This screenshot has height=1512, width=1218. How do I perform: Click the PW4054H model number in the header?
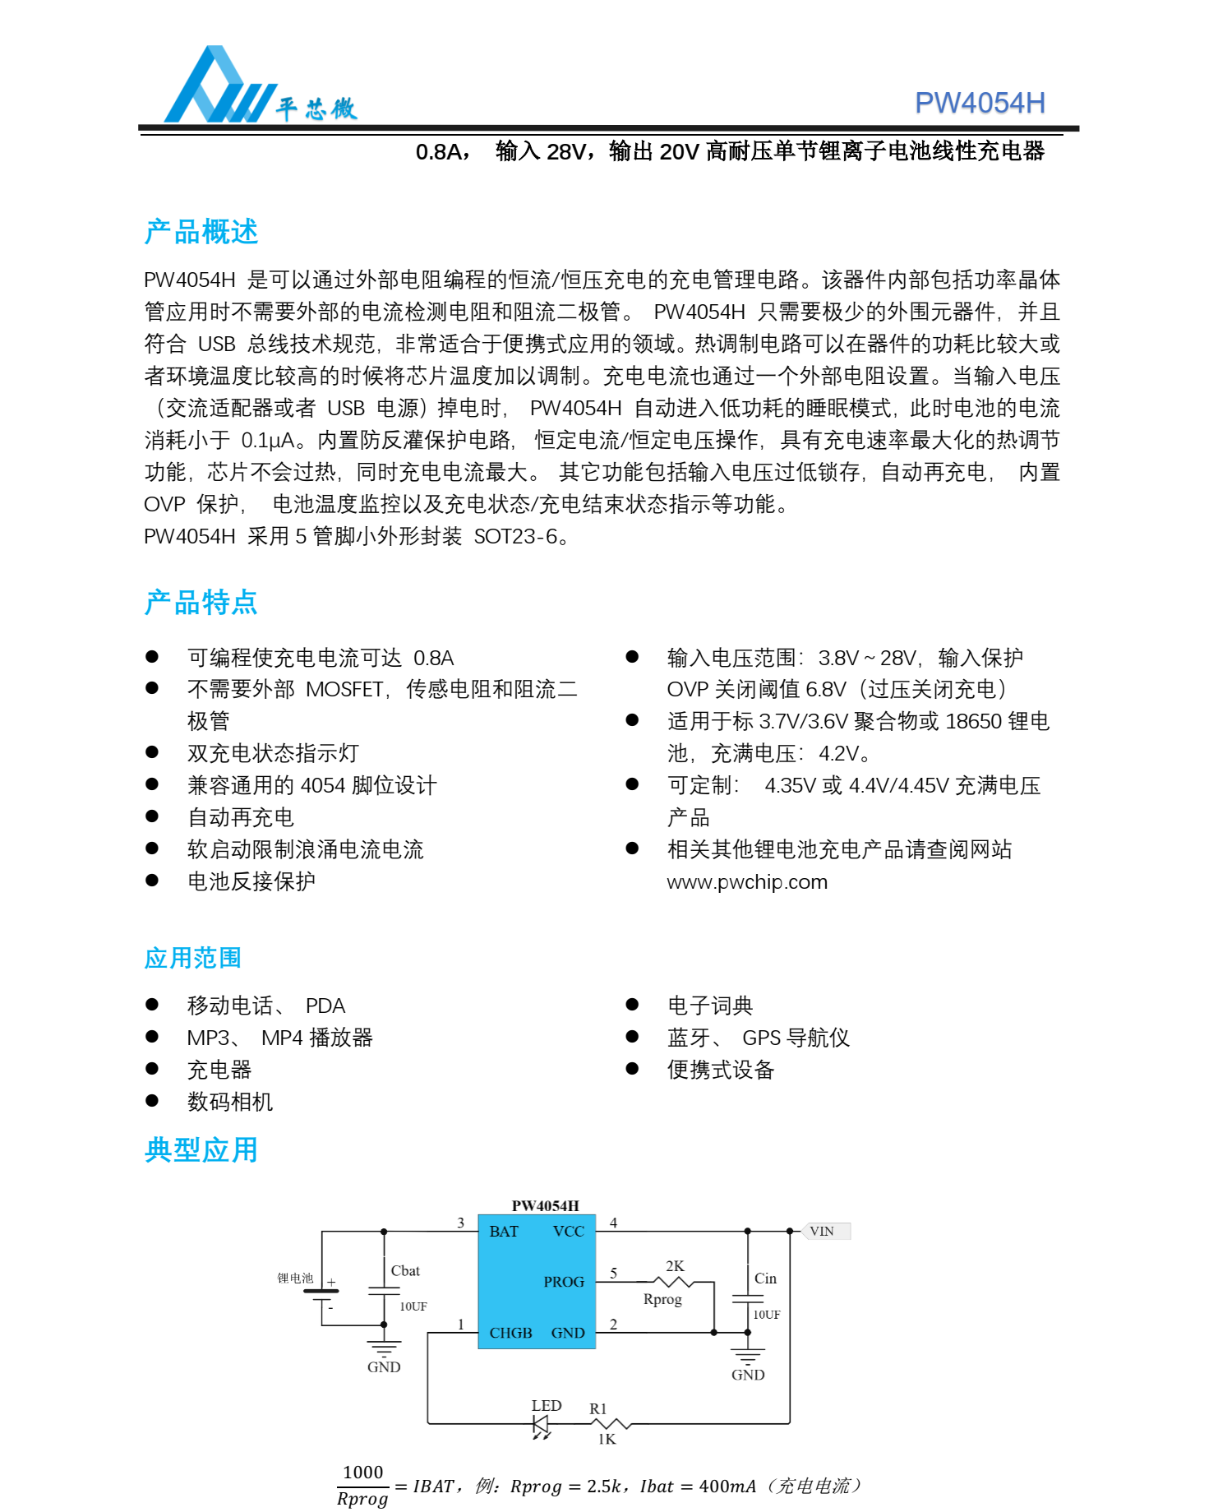(x=979, y=103)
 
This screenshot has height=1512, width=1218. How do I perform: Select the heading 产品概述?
(x=201, y=232)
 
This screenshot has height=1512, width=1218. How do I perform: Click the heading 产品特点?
(x=201, y=603)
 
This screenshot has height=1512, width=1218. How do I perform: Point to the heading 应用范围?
(x=193, y=958)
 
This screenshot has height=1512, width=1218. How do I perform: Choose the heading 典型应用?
(x=201, y=1149)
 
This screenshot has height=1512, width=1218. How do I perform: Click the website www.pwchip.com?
(x=747, y=882)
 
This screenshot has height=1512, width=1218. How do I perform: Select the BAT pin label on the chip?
(x=504, y=1232)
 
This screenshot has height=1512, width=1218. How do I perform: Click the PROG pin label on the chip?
(x=564, y=1282)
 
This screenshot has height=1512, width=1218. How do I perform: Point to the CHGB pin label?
(x=510, y=1333)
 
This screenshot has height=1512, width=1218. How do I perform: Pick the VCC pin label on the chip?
(x=569, y=1232)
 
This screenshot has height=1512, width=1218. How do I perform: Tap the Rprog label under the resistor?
(x=662, y=1299)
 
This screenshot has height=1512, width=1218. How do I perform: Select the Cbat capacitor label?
(x=405, y=1271)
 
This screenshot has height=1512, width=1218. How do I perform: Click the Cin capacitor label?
(x=765, y=1278)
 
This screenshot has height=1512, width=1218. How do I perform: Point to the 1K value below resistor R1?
(x=607, y=1439)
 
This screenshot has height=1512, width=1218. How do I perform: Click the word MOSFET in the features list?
(x=345, y=689)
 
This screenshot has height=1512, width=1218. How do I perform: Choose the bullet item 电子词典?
(x=710, y=1006)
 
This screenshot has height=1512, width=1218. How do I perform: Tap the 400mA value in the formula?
(x=727, y=1487)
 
